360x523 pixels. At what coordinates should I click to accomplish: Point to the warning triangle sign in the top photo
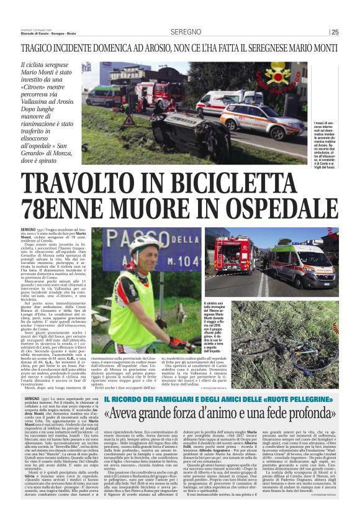pyautogui.click(x=132, y=119)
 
